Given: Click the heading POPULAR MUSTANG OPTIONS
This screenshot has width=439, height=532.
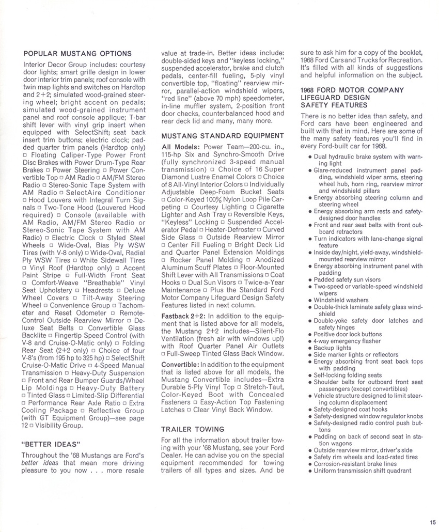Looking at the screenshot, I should click(x=77, y=53).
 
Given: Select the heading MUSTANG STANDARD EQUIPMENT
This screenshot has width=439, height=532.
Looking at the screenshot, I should click(x=223, y=136).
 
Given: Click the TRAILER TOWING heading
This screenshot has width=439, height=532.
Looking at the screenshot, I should click(x=193, y=429).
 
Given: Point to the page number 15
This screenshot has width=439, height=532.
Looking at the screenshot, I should click(x=432, y=521).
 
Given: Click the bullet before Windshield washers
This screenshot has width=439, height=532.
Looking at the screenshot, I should click(x=309, y=300).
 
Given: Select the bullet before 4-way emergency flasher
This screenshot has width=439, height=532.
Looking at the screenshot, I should click(x=309, y=341).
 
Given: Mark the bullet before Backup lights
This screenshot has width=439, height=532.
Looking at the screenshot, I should click(x=309, y=348).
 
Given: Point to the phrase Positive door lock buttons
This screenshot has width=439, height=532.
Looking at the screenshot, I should click(x=348, y=334).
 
